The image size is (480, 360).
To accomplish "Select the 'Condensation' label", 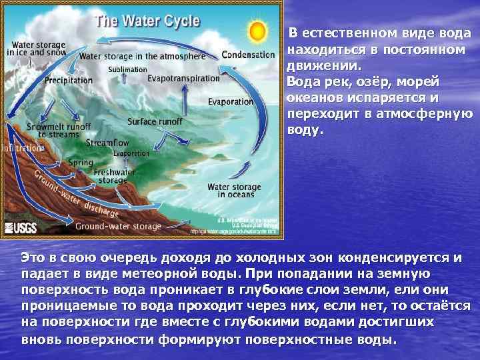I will tap(248, 55).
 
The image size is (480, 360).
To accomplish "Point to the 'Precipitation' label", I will tap(69, 80).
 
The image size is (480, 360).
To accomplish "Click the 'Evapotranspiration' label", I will tap(183, 78).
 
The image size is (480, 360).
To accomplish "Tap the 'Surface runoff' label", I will tap(155, 122).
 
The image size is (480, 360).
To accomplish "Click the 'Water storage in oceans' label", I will tap(231, 191).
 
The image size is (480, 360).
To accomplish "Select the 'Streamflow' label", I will tap(107, 143).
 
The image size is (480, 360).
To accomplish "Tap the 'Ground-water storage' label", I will tap(118, 227).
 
